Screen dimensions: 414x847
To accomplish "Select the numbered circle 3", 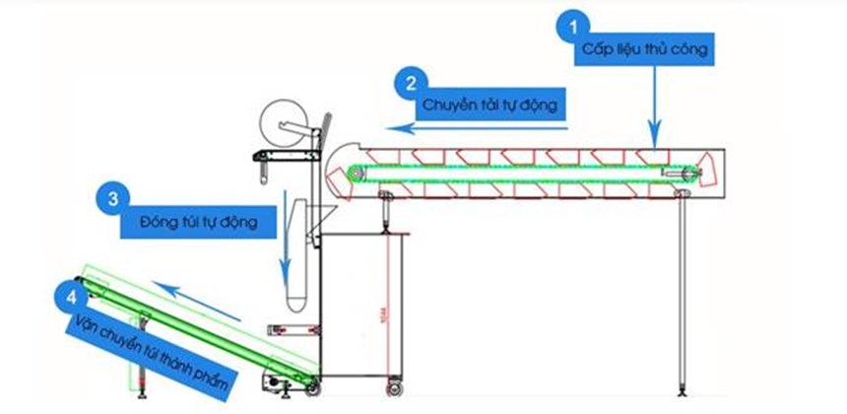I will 113,198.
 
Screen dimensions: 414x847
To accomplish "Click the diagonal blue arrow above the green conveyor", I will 198,301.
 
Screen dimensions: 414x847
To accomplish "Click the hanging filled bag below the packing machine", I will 294,291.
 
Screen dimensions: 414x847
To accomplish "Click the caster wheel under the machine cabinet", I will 396,385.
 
